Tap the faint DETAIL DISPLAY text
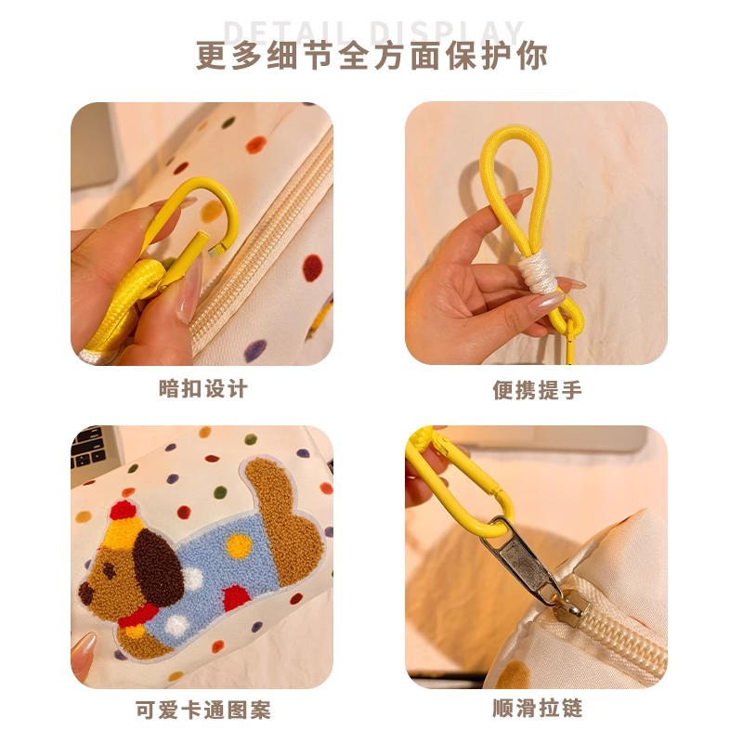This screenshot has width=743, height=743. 371,30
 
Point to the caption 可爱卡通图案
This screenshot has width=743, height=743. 203,711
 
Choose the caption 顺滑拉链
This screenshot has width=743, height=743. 537,710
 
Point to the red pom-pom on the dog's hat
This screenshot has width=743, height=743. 122,510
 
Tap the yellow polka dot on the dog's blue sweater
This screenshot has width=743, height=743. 239,547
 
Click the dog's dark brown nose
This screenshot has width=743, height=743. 85,588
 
